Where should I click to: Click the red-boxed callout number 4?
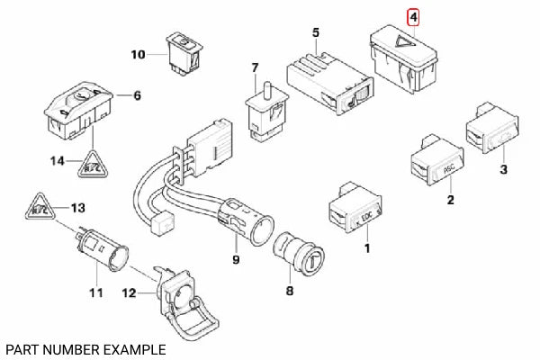point(413,17)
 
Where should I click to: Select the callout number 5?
point(315,33)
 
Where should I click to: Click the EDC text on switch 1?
point(366,217)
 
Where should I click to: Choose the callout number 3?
point(503,169)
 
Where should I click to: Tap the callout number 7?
point(255,67)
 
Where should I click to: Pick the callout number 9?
point(235,260)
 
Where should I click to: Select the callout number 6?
point(137,95)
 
